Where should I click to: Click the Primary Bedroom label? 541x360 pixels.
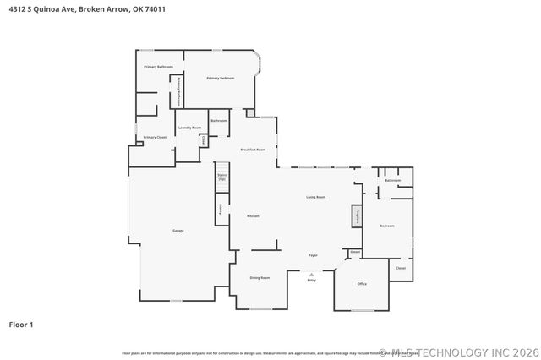(x=221, y=78)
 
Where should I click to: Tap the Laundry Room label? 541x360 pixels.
(x=189, y=128)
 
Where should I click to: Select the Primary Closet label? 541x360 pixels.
(x=155, y=137)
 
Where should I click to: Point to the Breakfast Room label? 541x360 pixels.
(x=253, y=150)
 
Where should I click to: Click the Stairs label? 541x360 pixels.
(x=221, y=177)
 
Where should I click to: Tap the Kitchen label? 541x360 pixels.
(x=252, y=216)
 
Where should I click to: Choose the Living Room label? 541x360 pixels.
(x=315, y=197)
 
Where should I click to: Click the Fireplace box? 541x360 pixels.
(x=357, y=215)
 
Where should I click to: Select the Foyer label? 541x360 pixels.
(x=312, y=254)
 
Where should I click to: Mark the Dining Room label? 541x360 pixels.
(x=260, y=277)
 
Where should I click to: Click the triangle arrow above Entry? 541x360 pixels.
(x=311, y=274)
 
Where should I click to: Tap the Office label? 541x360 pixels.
(x=362, y=284)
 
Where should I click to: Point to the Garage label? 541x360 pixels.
(x=178, y=230)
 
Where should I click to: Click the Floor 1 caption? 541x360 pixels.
(x=21, y=324)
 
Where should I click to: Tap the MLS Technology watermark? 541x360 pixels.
(x=456, y=352)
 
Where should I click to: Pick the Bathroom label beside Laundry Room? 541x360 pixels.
(x=219, y=121)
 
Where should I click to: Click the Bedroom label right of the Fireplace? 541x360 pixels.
(x=387, y=226)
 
